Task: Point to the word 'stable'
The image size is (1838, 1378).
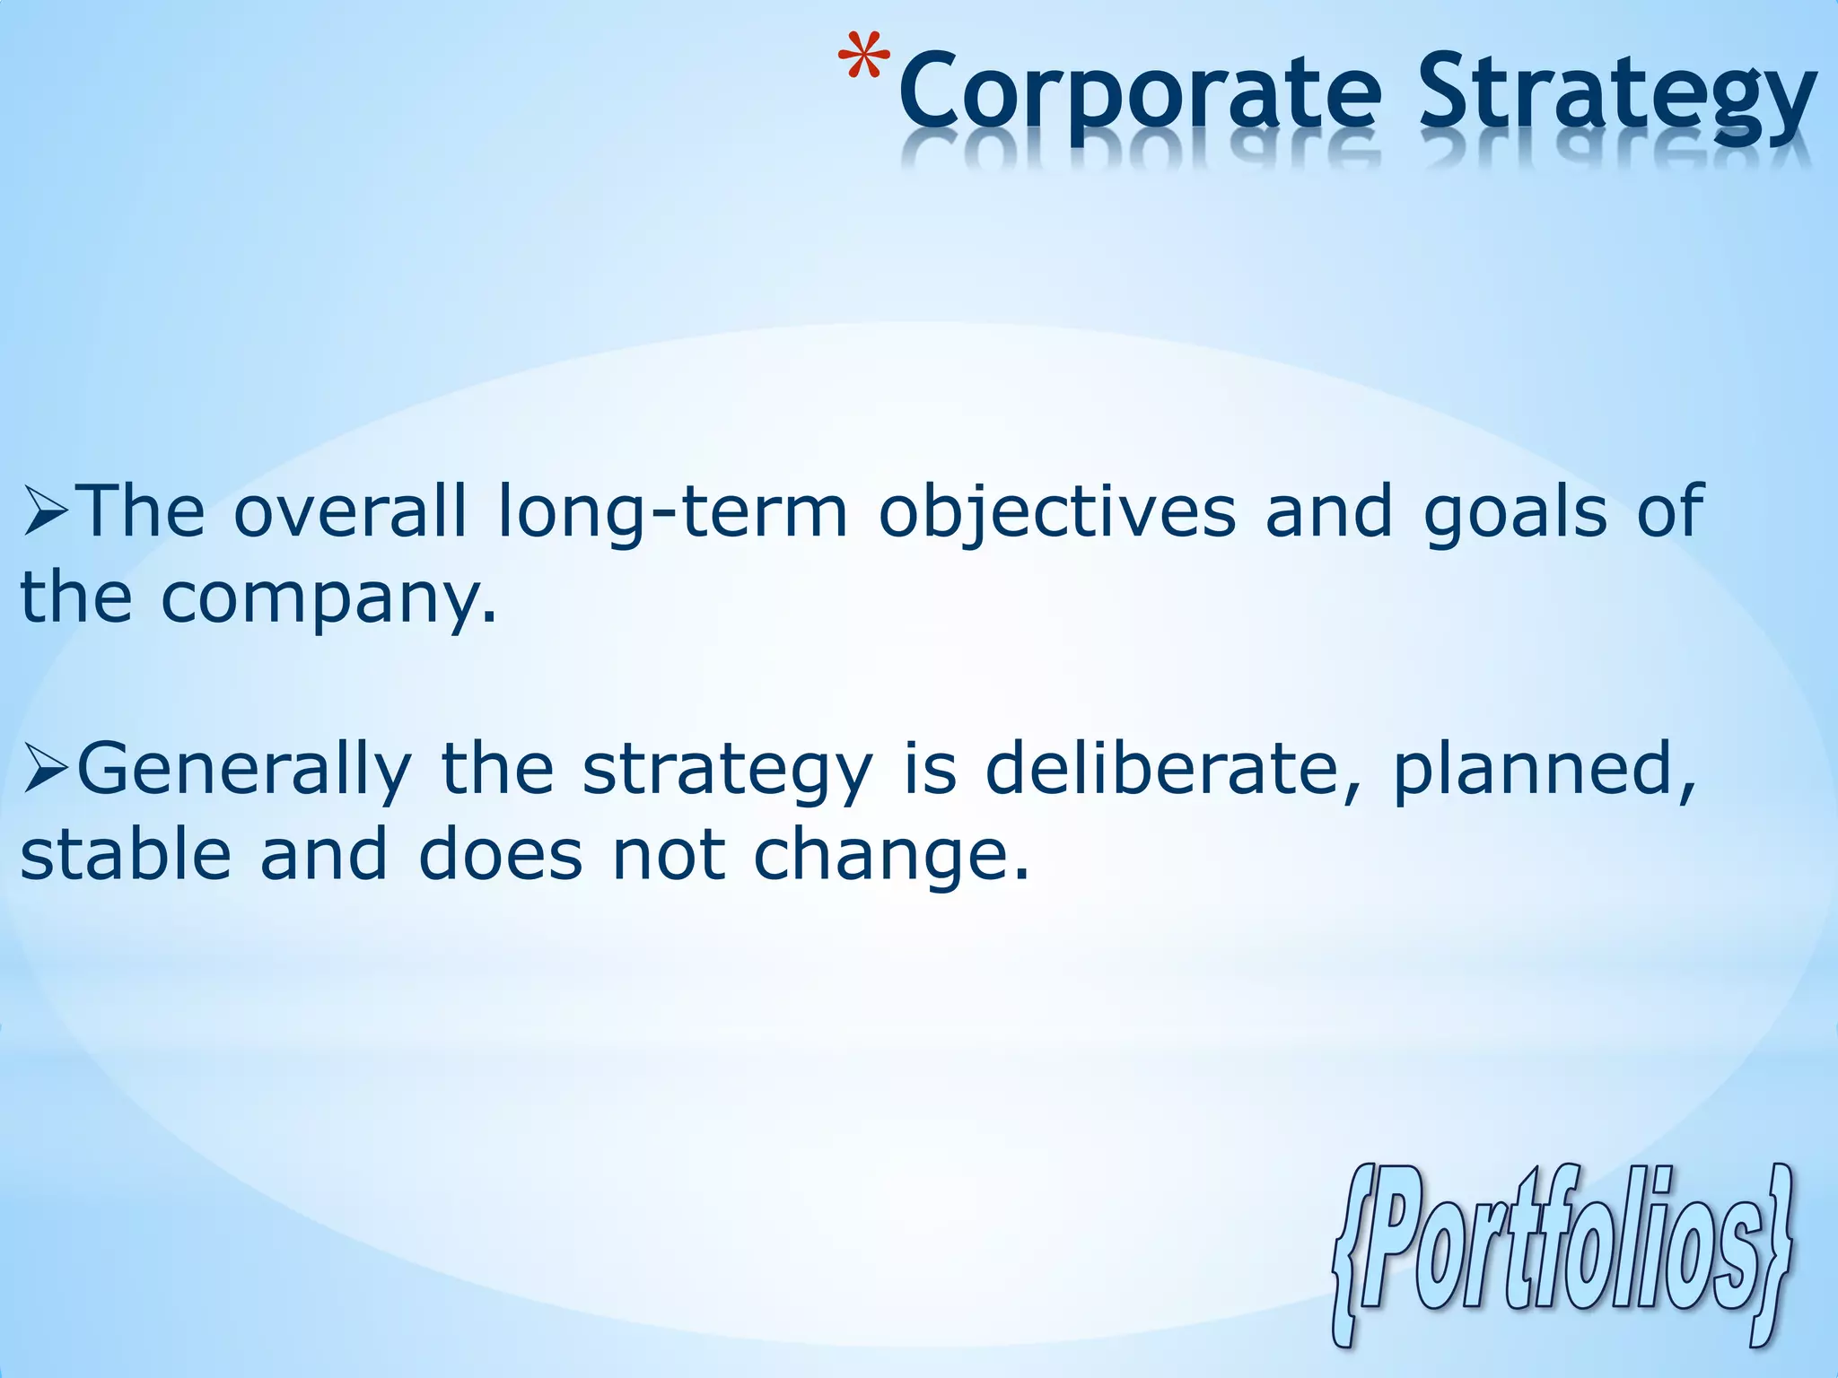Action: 126,854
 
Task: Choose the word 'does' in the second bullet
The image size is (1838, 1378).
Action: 500,854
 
